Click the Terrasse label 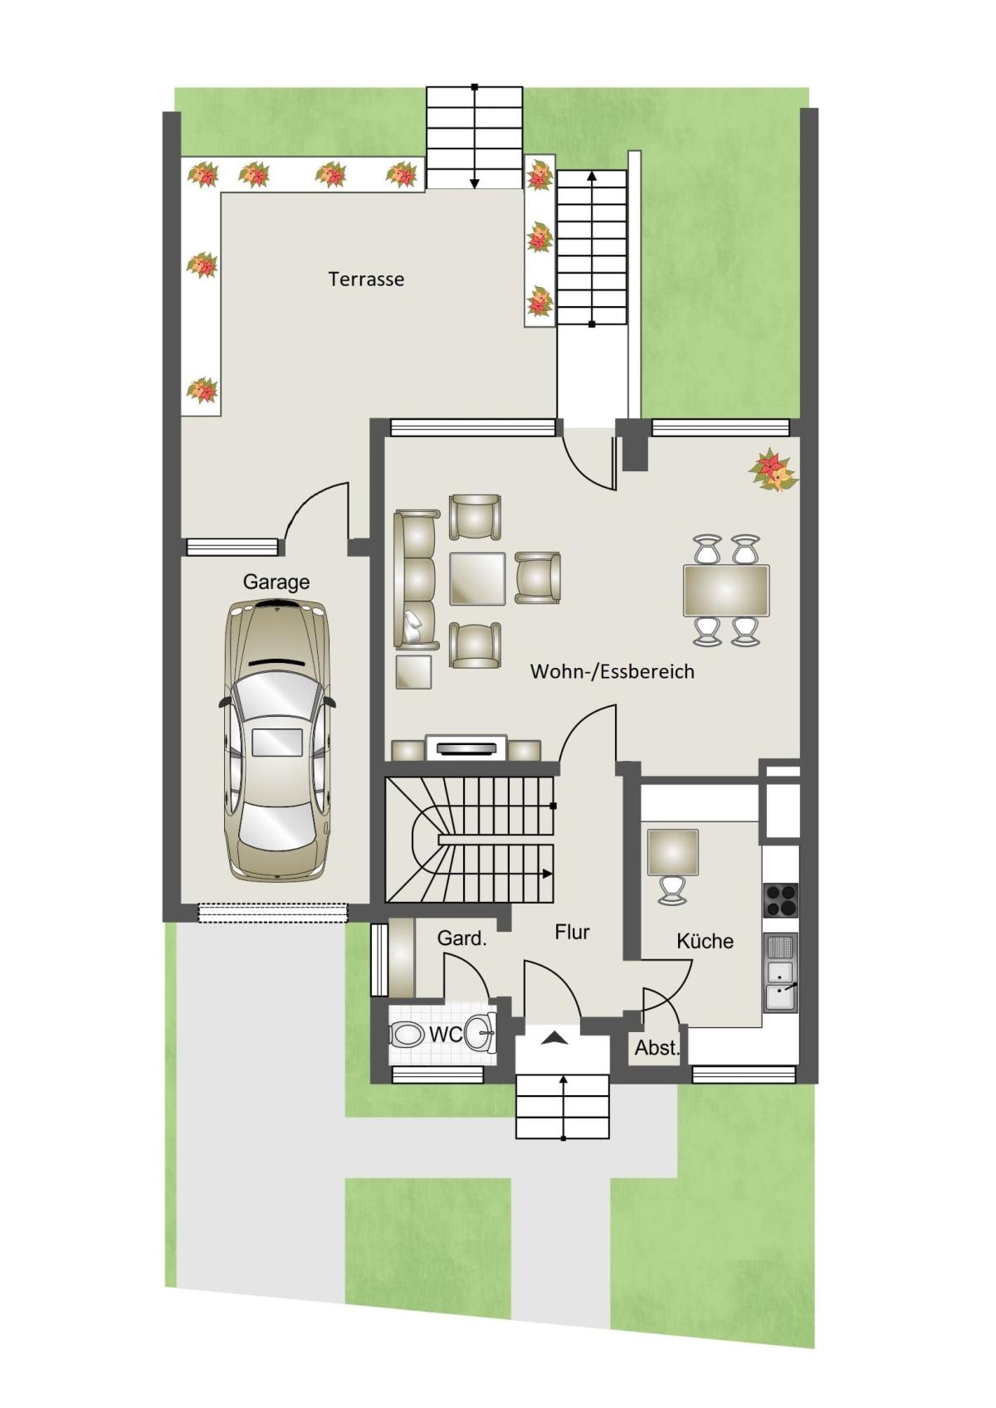point(366,279)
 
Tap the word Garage point(276,582)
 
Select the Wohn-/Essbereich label point(612,671)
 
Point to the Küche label point(705,941)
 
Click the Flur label point(572,932)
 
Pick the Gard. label point(461,938)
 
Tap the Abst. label point(657,1048)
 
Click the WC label point(446,1034)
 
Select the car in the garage point(276,740)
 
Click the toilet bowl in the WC point(407,1034)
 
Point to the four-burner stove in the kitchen point(781,900)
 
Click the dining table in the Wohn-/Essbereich point(725,590)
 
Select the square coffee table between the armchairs point(476,578)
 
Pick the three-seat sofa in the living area point(415,579)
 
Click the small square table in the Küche point(673,852)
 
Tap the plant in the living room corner point(773,470)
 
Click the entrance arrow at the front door point(554,1038)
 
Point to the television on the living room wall point(466,748)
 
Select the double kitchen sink point(780,972)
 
